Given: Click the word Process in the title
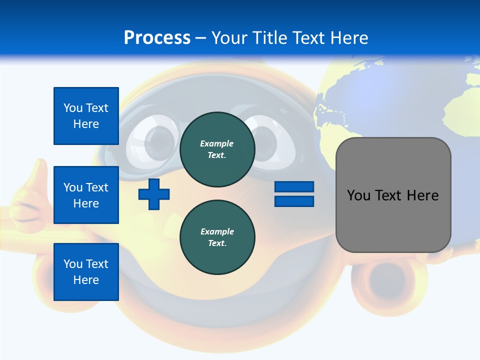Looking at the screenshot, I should [157, 37].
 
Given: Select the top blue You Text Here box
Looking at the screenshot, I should [86, 116].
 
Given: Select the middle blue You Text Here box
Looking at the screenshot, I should [86, 195].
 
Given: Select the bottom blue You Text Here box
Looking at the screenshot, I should [86, 271].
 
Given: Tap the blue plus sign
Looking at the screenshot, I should [154, 194].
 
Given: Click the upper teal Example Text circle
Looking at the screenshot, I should [217, 149].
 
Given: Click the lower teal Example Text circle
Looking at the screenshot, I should [217, 237].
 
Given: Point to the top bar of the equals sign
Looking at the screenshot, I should [294, 187].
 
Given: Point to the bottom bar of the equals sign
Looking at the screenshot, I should [294, 201].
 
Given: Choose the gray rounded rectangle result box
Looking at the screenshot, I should [393, 220].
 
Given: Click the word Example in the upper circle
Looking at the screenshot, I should [217, 143].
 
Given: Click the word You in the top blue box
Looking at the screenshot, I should [73, 108].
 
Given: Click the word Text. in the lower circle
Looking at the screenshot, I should [217, 243].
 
